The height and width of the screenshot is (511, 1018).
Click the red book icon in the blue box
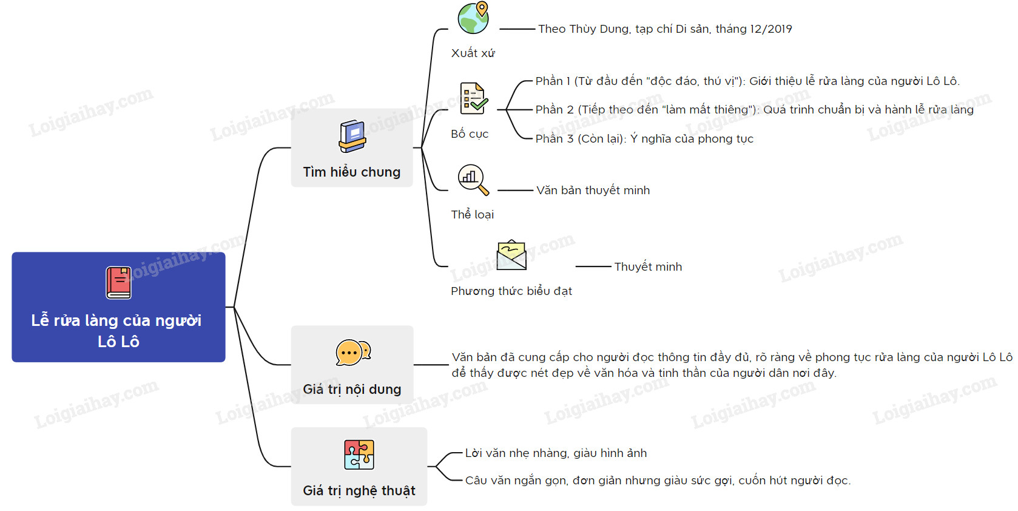click(x=119, y=283)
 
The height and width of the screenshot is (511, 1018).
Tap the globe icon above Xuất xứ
click(x=474, y=18)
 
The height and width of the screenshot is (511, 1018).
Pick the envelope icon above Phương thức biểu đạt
click(x=511, y=255)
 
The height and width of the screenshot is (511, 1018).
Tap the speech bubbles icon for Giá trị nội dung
click(x=353, y=353)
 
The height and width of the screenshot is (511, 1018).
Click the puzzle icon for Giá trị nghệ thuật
click(x=359, y=455)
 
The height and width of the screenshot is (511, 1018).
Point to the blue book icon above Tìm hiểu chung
click(x=352, y=137)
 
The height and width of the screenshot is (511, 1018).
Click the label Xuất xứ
click(x=473, y=53)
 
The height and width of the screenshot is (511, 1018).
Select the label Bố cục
click(x=470, y=134)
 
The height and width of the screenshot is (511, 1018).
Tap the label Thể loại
click(x=472, y=215)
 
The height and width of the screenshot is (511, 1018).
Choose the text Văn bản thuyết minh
click(x=593, y=190)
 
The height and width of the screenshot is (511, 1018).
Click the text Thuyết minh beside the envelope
click(x=648, y=267)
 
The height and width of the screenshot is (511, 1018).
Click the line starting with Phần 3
click(x=644, y=138)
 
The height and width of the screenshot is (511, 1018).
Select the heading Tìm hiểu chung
click(x=352, y=172)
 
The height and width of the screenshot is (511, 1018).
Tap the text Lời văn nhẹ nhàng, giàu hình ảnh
click(x=556, y=453)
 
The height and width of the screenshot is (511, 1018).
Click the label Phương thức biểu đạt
click(x=511, y=291)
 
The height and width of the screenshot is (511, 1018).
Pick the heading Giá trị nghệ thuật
click(x=359, y=490)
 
